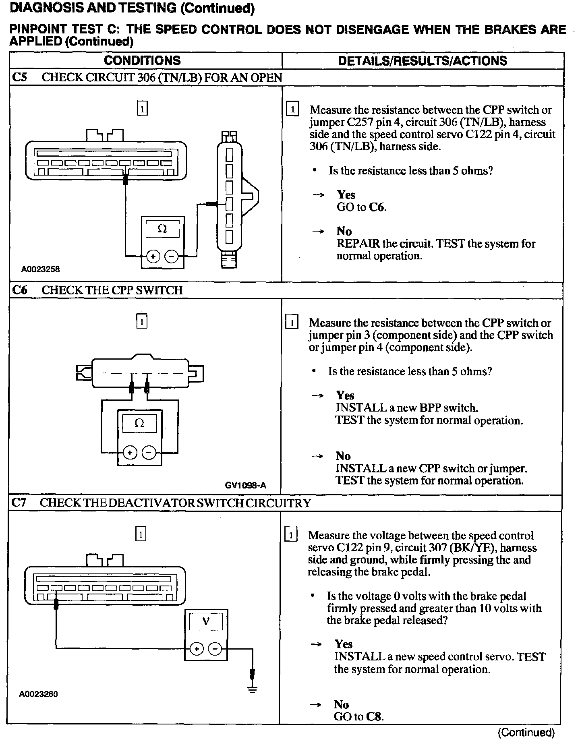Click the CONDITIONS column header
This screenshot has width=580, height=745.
click(142, 60)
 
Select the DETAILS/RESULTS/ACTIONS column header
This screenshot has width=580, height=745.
click(423, 61)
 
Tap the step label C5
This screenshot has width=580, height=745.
click(20, 77)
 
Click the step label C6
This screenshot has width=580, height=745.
click(20, 290)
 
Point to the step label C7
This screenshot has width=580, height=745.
click(19, 503)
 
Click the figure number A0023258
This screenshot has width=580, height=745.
click(41, 269)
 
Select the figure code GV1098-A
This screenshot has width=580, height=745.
click(245, 485)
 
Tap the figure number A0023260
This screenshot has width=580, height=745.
click(39, 694)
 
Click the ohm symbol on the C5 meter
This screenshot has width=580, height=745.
click(162, 229)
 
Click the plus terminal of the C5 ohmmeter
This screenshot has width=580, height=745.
click(153, 256)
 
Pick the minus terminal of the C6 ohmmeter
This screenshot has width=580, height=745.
click(149, 453)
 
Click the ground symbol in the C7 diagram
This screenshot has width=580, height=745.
click(253, 689)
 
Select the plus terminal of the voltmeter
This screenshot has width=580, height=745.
click(197, 649)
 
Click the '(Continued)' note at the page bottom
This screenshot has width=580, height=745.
click(526, 732)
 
